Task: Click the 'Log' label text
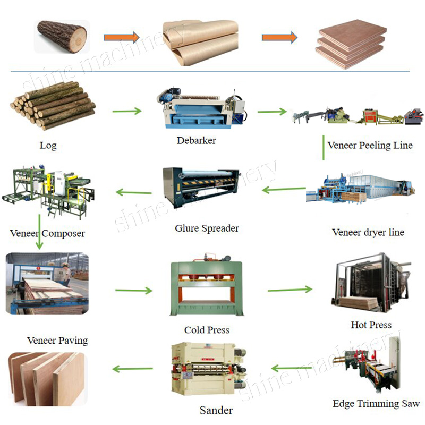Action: tap(48, 145)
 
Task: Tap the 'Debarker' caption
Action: tap(196, 141)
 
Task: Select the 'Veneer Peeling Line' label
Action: tap(370, 145)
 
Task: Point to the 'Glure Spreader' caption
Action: tap(207, 228)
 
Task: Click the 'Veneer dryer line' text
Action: tap(368, 232)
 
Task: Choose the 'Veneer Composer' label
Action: tap(47, 233)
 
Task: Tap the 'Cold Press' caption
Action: tap(207, 330)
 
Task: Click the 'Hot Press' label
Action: tap(371, 325)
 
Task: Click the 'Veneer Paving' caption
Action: tap(57, 340)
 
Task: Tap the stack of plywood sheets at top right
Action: tap(351, 42)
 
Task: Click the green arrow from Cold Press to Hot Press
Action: tap(290, 290)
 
